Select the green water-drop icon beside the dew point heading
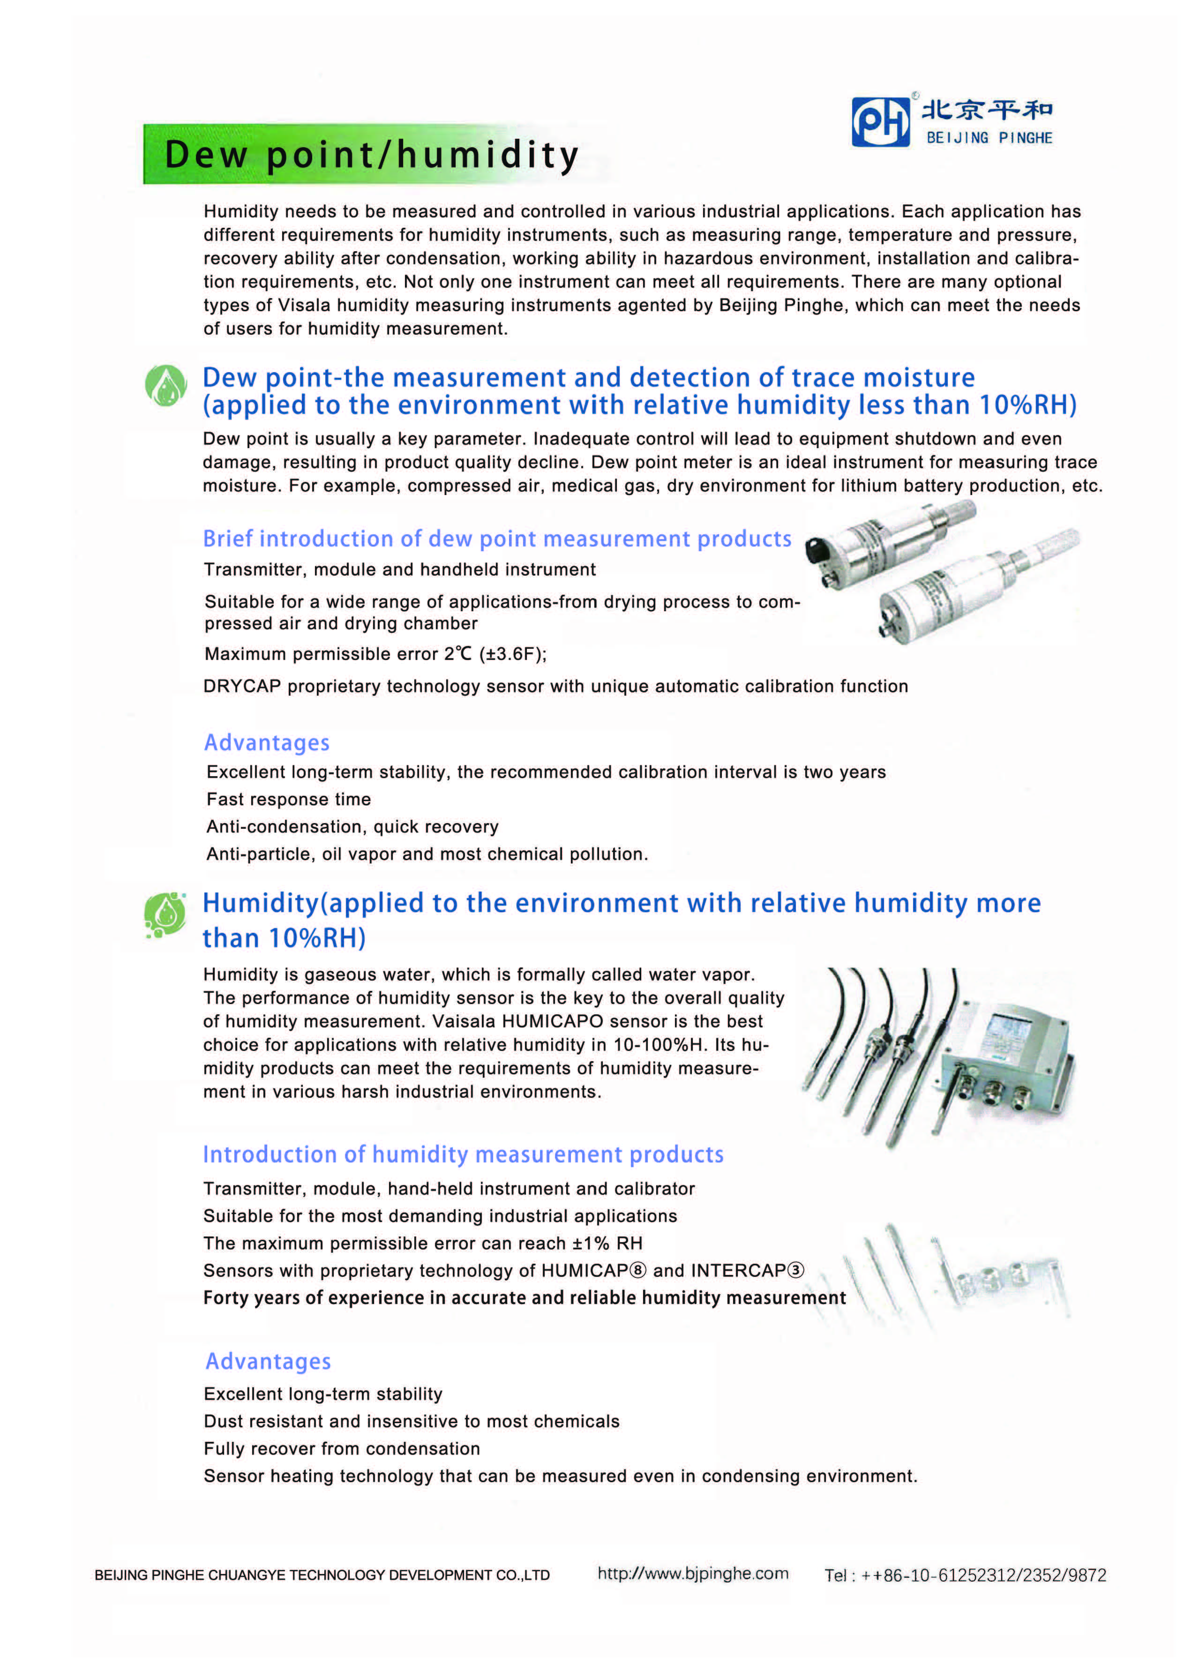point(166,385)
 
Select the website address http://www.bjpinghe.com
point(693,1574)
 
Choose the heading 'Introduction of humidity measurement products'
point(463,1155)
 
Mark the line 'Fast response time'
point(288,799)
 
